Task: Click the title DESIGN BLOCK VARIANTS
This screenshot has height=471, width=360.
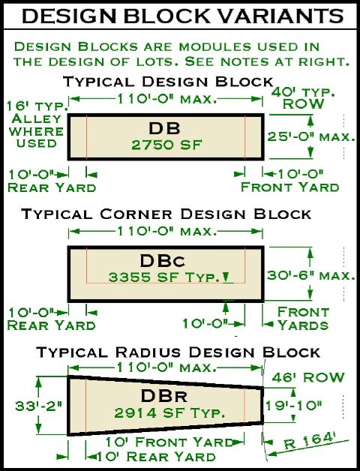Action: click(x=183, y=16)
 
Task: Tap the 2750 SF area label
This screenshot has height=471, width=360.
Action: click(x=166, y=145)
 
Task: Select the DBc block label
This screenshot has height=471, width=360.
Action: click(x=163, y=261)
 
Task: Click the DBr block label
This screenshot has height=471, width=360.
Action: click(x=164, y=396)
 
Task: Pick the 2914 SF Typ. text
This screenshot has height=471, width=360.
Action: click(x=169, y=413)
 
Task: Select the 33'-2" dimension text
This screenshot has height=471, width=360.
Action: click(x=39, y=406)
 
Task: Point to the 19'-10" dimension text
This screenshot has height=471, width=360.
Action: click(x=293, y=406)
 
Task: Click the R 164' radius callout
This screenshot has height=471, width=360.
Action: click(x=310, y=441)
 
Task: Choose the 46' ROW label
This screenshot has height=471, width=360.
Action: click(x=308, y=377)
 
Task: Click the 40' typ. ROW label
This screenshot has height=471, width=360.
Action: click(x=304, y=98)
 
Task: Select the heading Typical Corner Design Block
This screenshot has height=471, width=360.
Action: click(x=166, y=214)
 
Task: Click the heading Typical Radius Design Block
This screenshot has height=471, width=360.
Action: click(x=178, y=352)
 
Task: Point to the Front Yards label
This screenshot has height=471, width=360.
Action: click(x=303, y=319)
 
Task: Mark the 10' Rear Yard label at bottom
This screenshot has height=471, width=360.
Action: click(x=156, y=457)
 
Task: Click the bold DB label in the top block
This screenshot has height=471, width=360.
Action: click(x=164, y=128)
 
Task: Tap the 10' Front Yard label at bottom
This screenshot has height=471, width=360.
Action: click(x=169, y=442)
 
